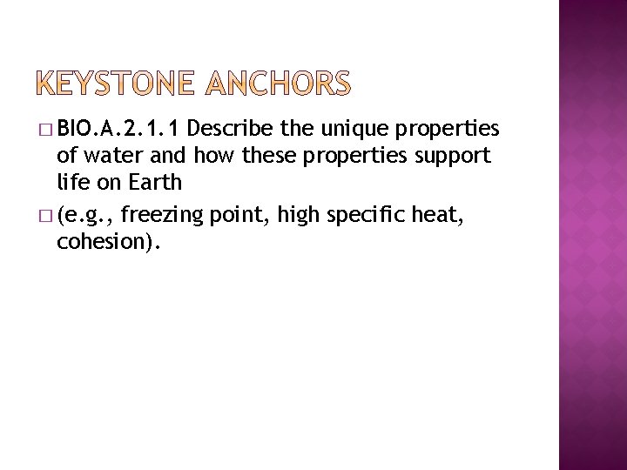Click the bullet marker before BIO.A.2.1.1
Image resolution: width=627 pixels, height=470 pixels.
tap(45, 131)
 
